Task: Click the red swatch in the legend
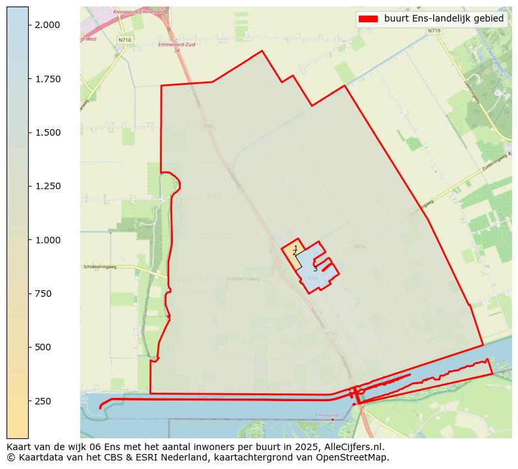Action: click(368, 19)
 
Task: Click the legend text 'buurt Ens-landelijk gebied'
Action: click(444, 19)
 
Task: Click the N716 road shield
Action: click(125, 40)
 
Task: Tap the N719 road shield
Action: click(434, 31)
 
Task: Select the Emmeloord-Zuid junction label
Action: click(173, 45)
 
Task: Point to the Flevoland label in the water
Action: click(327, 415)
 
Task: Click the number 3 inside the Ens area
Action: click(315, 269)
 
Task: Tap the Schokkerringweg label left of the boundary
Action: click(99, 267)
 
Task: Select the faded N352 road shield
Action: click(359, 246)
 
